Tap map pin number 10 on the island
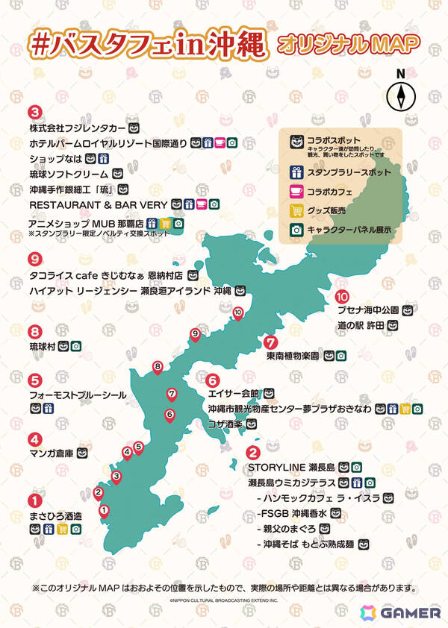click(237, 313)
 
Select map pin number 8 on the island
click(158, 367)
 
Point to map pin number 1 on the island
click(104, 511)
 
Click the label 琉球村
click(43, 347)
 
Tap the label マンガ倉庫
click(51, 453)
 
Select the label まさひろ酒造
click(55, 515)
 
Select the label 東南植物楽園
click(293, 357)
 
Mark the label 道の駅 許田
click(359, 326)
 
